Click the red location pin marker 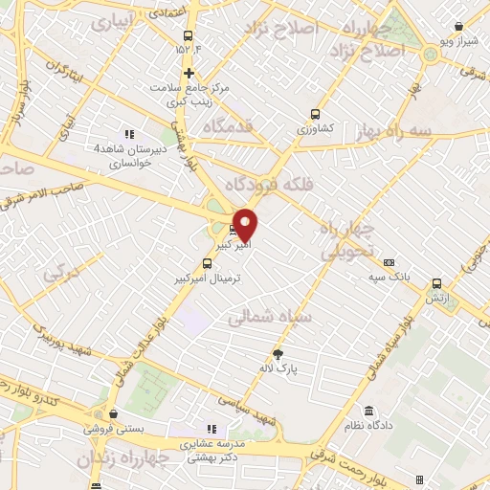pyautogui.click(x=246, y=224)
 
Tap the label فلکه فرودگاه pyautogui.click(x=272, y=183)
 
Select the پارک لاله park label pyautogui.click(x=279, y=367)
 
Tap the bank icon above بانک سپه pyautogui.click(x=389, y=263)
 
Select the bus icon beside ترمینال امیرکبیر pyautogui.click(x=207, y=261)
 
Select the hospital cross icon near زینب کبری pyautogui.click(x=189, y=72)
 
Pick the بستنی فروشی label pyautogui.click(x=113, y=429)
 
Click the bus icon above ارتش pyautogui.click(x=437, y=283)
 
